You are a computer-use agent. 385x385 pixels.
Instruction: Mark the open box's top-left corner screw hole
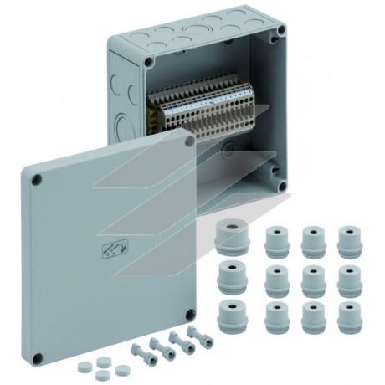(148, 61)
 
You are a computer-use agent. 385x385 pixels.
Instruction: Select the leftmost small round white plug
(86, 367)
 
